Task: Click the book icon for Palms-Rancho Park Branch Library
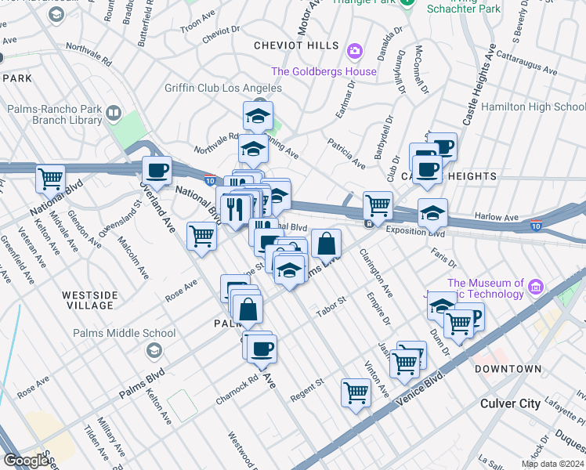[114, 114]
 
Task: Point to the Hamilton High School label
[532, 107]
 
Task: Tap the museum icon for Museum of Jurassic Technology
[536, 284]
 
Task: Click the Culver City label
[510, 403]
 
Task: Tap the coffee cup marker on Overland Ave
[157, 171]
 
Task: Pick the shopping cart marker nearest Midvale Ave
[51, 179]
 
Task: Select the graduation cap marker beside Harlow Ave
[432, 212]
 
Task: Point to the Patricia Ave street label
[347, 154]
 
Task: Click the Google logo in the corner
[27, 461]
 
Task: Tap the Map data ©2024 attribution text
[552, 464]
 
